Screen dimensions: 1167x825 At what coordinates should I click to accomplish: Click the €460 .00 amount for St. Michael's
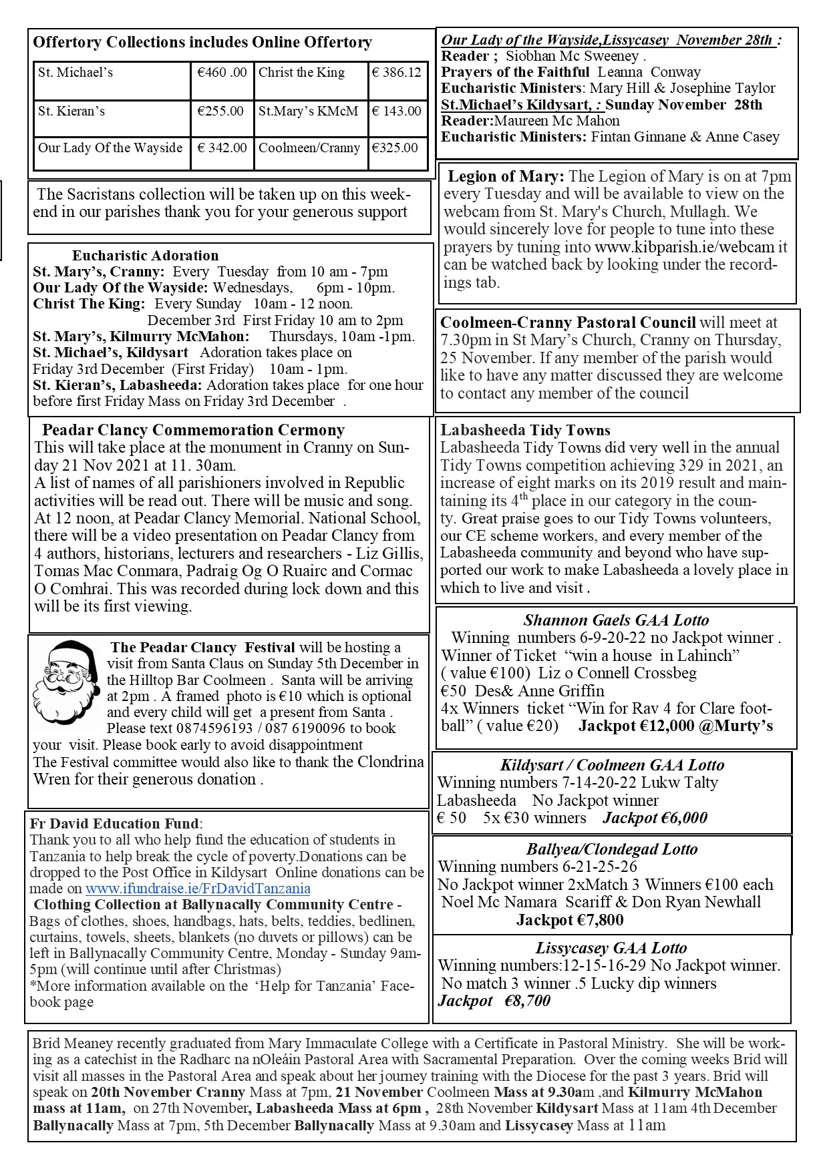click(222, 73)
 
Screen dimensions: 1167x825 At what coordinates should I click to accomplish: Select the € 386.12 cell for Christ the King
click(397, 73)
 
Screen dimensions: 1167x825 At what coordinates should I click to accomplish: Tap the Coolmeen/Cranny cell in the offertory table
click(309, 148)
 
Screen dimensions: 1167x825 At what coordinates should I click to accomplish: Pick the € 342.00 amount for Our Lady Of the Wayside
click(222, 148)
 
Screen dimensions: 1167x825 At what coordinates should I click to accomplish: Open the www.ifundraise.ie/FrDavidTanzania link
click(198, 889)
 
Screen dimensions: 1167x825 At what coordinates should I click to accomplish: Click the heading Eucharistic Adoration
click(145, 256)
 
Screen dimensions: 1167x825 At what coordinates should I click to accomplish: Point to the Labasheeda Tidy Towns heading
click(525, 431)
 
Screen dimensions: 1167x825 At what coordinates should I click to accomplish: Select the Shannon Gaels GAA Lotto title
click(616, 620)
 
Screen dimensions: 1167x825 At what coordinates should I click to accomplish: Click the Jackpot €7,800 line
click(570, 920)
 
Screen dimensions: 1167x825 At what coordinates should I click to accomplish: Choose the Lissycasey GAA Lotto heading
click(611, 948)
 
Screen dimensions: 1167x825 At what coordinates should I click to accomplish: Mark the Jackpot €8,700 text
click(494, 1000)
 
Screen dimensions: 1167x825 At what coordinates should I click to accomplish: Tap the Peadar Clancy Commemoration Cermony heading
click(193, 430)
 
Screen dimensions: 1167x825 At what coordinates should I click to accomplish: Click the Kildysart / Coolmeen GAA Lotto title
click(612, 765)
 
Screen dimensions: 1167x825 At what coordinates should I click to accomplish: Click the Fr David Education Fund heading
click(114, 824)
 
